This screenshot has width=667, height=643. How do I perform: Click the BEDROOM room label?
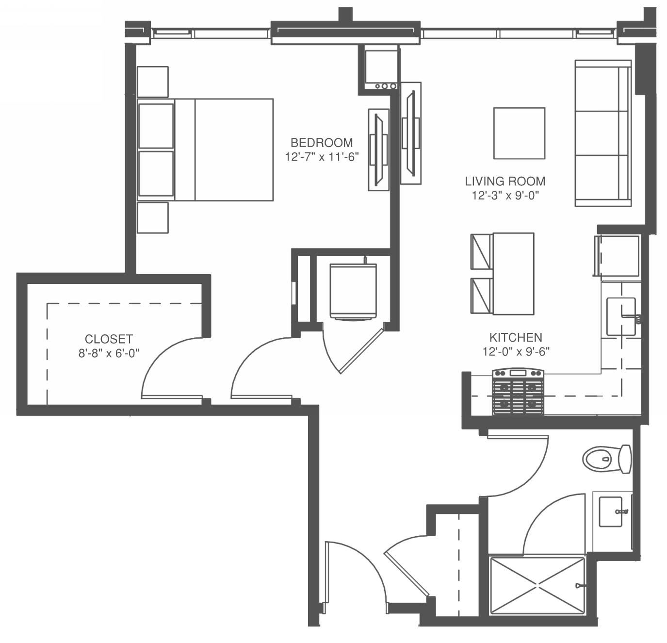[x=322, y=143]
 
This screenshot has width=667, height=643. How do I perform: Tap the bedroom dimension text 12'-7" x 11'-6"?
[x=322, y=157]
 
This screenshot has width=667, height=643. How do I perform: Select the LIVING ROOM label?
[x=505, y=181]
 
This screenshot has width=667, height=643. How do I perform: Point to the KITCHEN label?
[x=516, y=338]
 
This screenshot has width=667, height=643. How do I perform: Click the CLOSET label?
[x=109, y=339]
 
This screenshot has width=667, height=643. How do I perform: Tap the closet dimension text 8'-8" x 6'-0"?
[x=109, y=353]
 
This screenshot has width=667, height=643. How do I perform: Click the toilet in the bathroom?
[x=607, y=459]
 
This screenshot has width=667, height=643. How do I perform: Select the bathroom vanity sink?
[x=610, y=511]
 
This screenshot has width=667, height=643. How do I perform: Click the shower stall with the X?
[x=537, y=585]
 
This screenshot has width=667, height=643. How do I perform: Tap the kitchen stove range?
[x=518, y=392]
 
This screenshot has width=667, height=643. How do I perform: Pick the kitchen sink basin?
[x=621, y=316]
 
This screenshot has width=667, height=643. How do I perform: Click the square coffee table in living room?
[x=519, y=133]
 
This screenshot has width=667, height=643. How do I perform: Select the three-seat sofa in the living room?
[x=603, y=133]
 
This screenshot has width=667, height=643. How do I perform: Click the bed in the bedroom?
[x=205, y=150]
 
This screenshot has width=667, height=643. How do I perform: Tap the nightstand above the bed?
[x=152, y=82]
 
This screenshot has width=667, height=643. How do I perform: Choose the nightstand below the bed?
[x=152, y=218]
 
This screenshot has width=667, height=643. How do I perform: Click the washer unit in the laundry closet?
[x=353, y=292]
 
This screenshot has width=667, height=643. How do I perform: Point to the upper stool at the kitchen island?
[x=482, y=252]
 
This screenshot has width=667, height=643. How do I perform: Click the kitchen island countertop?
[x=513, y=274]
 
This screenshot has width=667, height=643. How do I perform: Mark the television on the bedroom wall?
[x=379, y=150]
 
